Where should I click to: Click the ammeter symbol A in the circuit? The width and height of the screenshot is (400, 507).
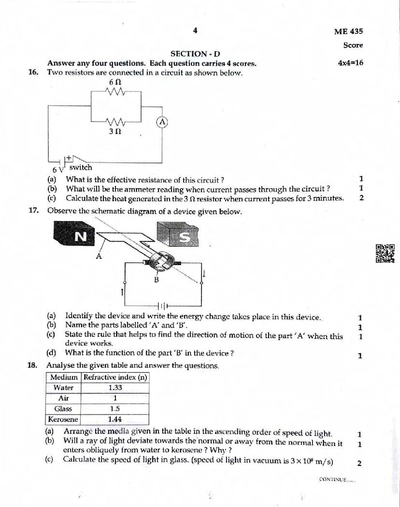click(x=162, y=122)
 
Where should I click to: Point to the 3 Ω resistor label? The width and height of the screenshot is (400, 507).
click(x=114, y=131)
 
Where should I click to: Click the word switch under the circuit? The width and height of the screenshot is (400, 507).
click(x=80, y=167)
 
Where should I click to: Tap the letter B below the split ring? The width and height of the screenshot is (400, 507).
click(x=156, y=280)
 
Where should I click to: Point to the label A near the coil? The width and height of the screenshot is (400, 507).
click(x=99, y=256)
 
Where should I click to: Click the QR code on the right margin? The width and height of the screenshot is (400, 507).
click(x=385, y=253)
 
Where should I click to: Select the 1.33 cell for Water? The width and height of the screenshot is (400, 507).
click(x=115, y=388)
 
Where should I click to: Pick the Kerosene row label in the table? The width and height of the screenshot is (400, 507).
click(x=63, y=419)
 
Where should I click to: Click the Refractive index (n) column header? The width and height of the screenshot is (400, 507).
click(x=115, y=377)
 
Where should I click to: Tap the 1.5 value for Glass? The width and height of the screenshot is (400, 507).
click(x=115, y=409)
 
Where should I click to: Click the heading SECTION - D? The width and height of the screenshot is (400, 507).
click(x=195, y=54)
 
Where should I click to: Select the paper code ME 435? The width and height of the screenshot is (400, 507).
click(x=348, y=31)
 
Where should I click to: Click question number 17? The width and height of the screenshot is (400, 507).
click(x=33, y=211)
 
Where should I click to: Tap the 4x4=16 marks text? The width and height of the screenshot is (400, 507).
click(x=351, y=63)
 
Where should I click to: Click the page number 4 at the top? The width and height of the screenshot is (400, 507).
click(x=195, y=30)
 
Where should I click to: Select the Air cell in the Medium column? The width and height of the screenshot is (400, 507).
click(x=63, y=398)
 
